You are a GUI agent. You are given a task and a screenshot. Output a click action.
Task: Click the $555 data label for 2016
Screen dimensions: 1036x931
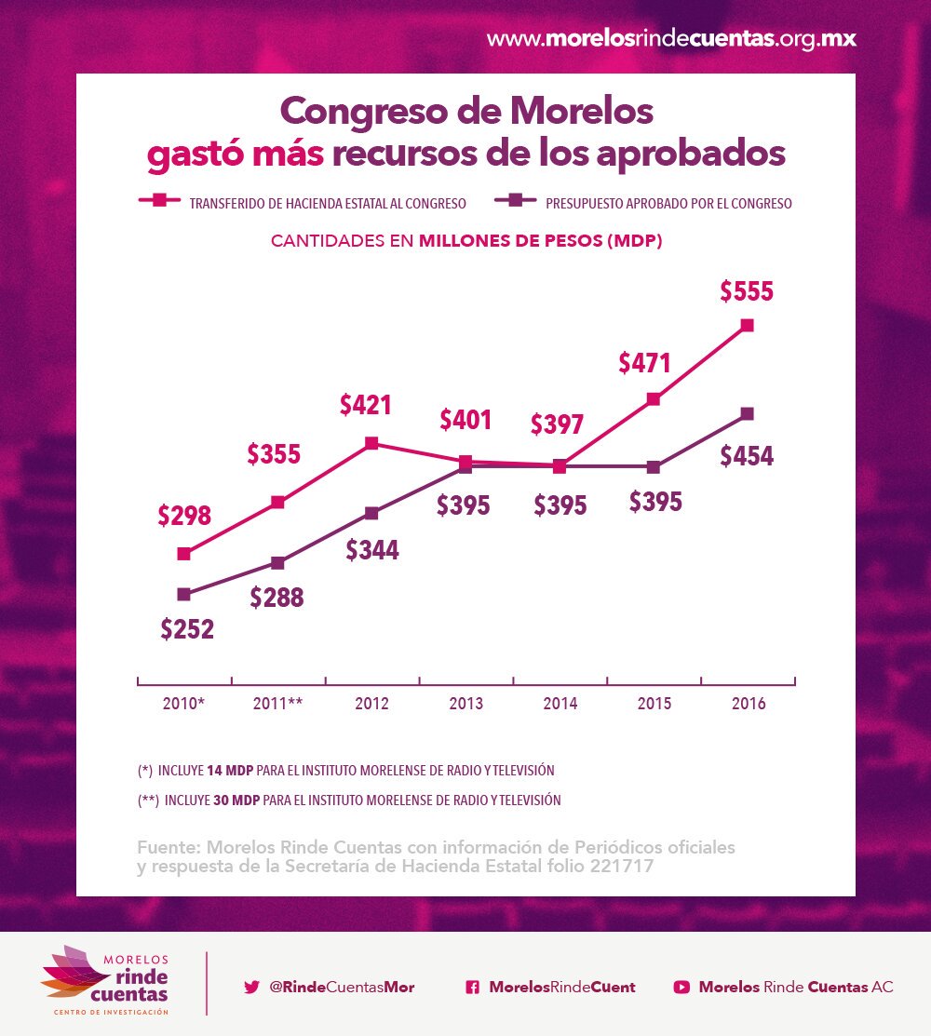[747, 291]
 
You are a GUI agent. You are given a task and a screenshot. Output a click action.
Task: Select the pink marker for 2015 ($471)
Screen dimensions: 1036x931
[654, 399]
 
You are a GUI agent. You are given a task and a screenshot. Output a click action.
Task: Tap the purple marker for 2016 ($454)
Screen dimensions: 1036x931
[747, 413]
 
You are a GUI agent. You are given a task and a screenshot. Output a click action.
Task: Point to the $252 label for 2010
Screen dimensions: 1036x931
[187, 630]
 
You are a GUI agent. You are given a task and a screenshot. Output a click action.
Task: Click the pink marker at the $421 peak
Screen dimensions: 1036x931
[371, 443]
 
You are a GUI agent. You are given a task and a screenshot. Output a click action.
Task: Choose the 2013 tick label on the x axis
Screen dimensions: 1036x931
[465, 704]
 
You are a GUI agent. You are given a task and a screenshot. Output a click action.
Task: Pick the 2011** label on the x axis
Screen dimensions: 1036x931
[277, 704]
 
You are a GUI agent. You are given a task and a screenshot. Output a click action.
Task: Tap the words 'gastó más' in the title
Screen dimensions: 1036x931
[236, 155]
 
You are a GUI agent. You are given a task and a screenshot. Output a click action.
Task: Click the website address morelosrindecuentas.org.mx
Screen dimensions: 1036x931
[671, 39]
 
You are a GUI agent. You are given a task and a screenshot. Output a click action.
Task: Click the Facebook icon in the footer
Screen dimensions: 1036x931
[472, 988]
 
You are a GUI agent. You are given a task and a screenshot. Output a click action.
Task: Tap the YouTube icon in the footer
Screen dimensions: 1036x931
[681, 988]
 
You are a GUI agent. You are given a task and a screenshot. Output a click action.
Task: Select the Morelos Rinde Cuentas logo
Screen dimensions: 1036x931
[106, 982]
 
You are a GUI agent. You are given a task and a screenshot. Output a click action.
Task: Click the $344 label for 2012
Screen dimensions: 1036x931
[372, 550]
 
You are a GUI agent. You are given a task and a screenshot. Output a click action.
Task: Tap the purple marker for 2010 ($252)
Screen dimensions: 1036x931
[183, 594]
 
